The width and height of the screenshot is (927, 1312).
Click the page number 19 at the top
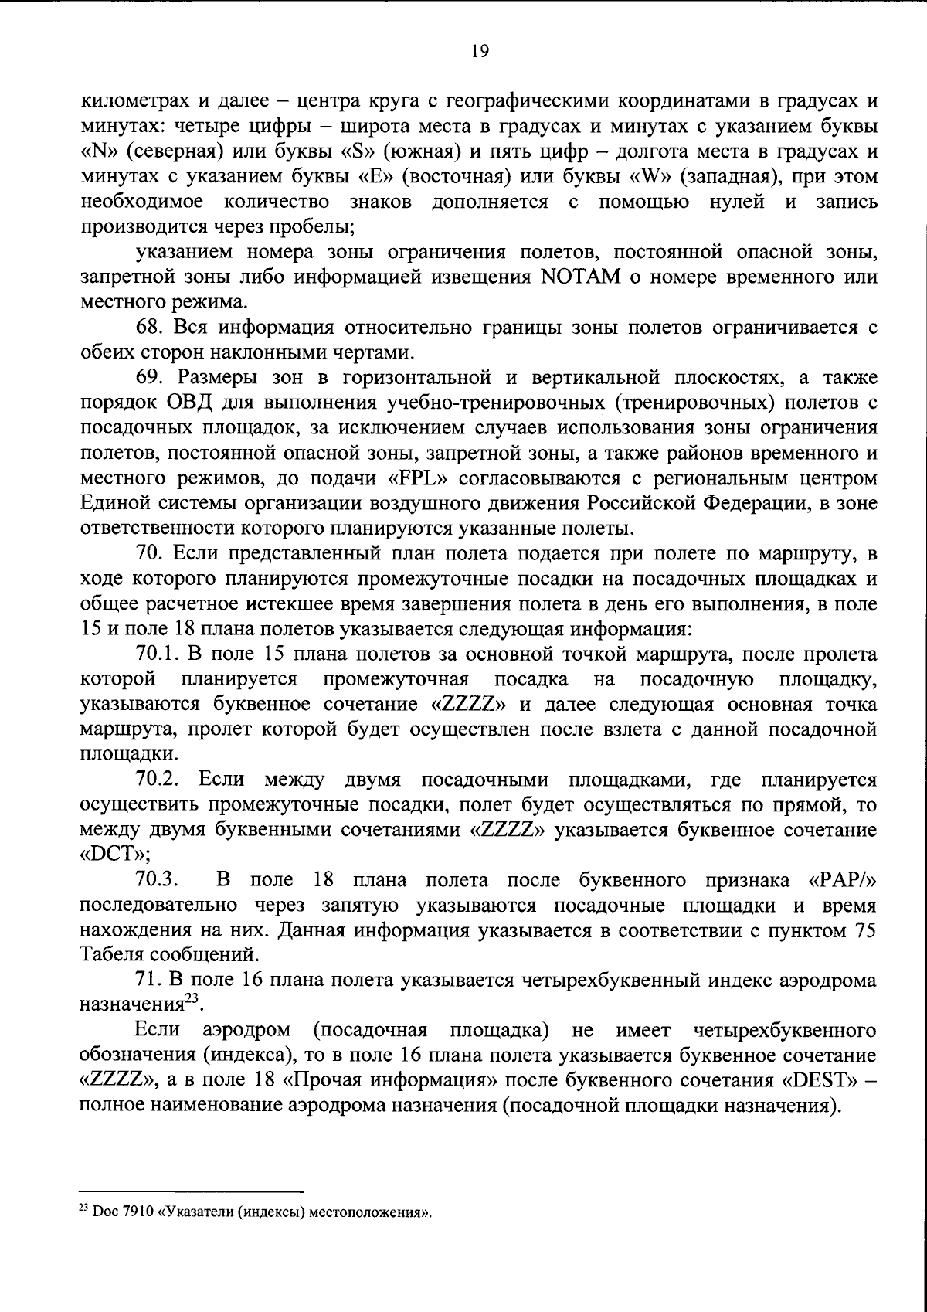(478, 52)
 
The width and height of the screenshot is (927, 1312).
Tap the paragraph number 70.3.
(155, 880)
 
